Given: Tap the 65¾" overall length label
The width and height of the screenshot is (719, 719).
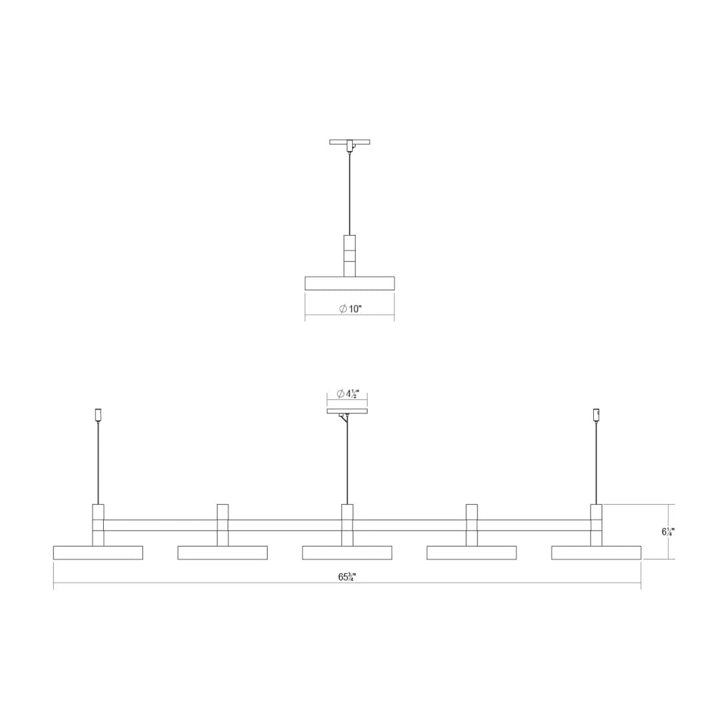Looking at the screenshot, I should point(347,577).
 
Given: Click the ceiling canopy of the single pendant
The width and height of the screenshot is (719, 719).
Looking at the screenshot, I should point(350,142).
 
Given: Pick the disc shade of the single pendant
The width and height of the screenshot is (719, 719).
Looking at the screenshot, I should point(350,283).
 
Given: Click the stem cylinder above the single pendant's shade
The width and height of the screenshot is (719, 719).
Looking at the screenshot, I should point(350,255).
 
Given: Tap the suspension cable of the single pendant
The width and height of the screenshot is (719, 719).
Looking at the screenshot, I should point(350,193).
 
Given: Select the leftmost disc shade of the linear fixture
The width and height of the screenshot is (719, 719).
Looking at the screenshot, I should point(98,553).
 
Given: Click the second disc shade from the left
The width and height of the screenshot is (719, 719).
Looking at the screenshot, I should point(222,553).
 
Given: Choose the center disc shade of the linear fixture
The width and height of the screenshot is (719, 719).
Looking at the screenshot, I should point(347,553).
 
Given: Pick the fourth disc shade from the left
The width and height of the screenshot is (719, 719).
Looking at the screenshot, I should point(471,553).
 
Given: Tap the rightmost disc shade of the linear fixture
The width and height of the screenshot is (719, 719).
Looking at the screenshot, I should point(596,553).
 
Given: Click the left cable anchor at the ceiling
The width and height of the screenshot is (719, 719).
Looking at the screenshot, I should point(98,415).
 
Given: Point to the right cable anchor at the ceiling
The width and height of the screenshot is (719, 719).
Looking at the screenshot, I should point(597,415).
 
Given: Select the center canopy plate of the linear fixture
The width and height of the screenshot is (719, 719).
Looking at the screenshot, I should point(347,411).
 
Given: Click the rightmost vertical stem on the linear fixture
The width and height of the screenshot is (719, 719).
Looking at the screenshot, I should point(597,525).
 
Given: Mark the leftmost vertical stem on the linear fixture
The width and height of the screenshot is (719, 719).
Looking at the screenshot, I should point(98,525).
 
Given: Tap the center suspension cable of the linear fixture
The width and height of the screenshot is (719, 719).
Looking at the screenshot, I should point(347,459).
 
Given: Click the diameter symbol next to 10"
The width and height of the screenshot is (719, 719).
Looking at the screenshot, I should point(342,309).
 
